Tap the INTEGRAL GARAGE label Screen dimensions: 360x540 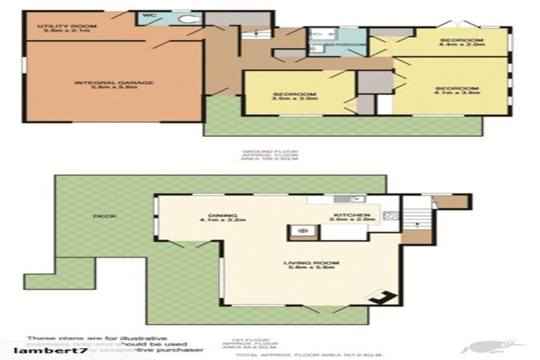114,83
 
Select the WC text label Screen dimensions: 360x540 148,14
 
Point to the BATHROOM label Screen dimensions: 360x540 350,45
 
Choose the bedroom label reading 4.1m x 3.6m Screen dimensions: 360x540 456,90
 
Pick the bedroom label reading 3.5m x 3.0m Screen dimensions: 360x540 295,96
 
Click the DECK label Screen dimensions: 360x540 105,216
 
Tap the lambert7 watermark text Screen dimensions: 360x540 46,349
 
